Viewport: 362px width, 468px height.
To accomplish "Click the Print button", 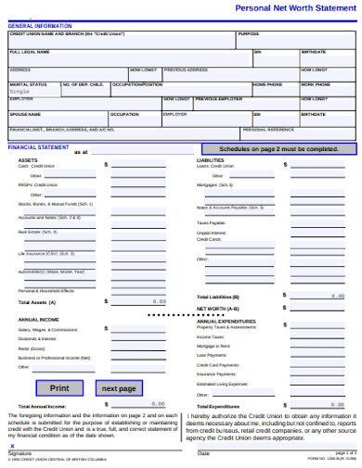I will click(59, 388).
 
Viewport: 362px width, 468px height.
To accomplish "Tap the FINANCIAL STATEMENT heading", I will click(38, 147).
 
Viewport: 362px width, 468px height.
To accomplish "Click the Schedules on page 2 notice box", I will click(278, 148).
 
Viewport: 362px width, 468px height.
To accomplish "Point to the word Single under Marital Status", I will click(19, 92).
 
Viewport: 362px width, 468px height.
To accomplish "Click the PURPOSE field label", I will click(249, 34).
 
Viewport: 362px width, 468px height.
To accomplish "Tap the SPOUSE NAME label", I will click(26, 114).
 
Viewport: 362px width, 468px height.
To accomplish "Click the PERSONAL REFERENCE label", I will click(268, 130).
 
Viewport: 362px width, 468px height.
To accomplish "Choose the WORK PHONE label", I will click(314, 84).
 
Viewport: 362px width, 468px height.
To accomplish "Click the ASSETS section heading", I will click(28, 159).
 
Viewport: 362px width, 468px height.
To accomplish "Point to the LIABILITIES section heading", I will click(211, 159).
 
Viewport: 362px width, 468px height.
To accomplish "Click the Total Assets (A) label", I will click(37, 302).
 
